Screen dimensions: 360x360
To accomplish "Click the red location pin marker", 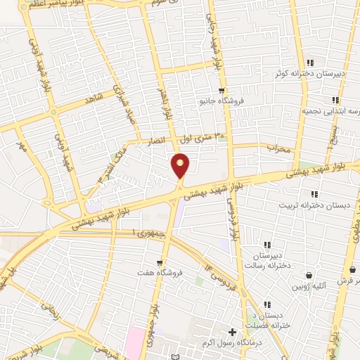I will (x=181, y=165).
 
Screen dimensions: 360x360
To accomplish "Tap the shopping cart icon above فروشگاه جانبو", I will (x=221, y=91).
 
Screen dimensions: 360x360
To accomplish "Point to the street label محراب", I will (x=278, y=148).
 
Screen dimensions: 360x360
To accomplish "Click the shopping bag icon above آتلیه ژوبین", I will (x=309, y=275).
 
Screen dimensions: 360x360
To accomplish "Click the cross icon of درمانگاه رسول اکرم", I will (x=233, y=331).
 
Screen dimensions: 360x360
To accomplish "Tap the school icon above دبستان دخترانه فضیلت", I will (x=267, y=304).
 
